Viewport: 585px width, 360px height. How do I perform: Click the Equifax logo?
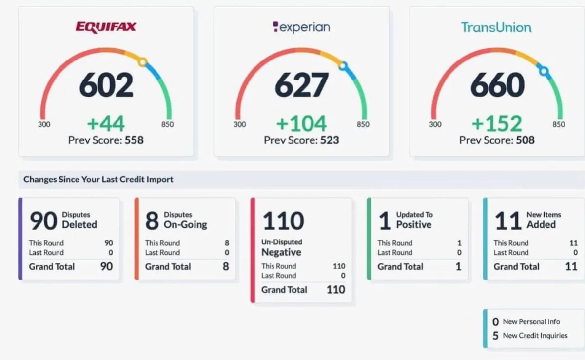(x=106, y=27)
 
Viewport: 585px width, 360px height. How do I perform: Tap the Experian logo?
(x=301, y=27)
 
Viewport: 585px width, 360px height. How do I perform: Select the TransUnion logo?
(x=496, y=27)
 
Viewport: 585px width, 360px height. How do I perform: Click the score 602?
(x=106, y=85)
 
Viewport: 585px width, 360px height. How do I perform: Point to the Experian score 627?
(x=301, y=85)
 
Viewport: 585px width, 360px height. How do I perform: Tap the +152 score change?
(x=497, y=123)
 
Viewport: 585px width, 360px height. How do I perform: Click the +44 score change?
(x=106, y=123)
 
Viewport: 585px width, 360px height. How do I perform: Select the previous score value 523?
(x=330, y=140)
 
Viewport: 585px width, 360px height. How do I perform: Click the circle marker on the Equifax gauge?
(x=142, y=62)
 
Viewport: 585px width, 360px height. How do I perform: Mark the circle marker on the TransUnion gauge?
(x=544, y=71)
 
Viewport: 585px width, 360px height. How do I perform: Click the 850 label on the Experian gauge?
(x=363, y=124)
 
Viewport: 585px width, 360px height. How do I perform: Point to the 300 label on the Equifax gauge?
(x=44, y=124)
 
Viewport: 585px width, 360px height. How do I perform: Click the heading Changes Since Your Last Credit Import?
(x=98, y=180)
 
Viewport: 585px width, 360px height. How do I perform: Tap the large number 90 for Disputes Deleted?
(x=43, y=221)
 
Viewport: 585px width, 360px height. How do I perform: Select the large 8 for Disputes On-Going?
(x=152, y=221)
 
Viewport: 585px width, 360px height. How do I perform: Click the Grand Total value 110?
(x=336, y=290)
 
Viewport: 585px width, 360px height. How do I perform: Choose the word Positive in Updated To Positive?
(x=414, y=225)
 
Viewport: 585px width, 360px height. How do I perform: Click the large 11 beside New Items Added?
(x=508, y=221)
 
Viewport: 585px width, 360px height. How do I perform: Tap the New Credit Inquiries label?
(x=535, y=336)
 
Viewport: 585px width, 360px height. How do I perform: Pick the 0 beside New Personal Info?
(x=495, y=322)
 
